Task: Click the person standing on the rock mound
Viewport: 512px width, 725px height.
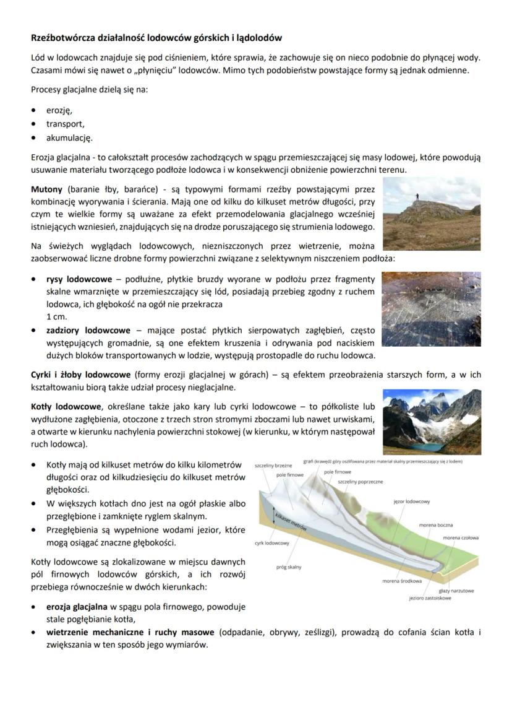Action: coord(417,196)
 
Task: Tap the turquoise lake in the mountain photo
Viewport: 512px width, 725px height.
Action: coord(425,446)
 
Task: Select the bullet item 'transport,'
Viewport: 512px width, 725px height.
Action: coord(65,124)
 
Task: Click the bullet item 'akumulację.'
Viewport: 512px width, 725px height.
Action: coord(69,137)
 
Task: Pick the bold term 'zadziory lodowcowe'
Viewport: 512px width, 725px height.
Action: coord(88,330)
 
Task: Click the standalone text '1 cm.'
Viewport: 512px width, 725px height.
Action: coord(56,317)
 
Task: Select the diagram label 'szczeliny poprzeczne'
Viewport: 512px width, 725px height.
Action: coord(360,481)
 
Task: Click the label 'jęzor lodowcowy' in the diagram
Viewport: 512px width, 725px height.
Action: coord(412,501)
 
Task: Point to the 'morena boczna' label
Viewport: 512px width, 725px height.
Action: coord(436,525)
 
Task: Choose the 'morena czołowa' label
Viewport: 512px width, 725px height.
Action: coord(460,538)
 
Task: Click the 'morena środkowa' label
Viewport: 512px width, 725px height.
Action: coord(402,581)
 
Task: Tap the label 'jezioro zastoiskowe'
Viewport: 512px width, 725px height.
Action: coord(430,598)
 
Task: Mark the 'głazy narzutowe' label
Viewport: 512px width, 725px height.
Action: coord(456,591)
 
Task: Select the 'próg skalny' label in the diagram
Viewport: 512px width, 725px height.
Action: coord(289,567)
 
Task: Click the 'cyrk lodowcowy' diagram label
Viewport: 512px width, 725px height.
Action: coord(272,543)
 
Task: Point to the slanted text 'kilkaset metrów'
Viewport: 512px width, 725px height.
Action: coord(291,519)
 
